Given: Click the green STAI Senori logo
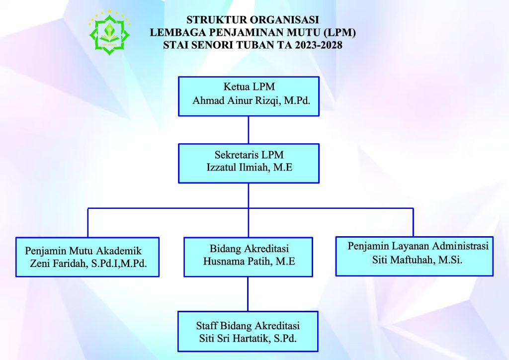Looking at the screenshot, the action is [109, 32].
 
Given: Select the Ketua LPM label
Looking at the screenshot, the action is [249, 87].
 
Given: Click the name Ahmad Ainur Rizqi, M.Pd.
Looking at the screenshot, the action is [251, 100].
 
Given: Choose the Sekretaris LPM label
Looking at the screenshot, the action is [249, 155].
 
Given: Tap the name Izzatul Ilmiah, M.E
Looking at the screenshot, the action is [250, 168].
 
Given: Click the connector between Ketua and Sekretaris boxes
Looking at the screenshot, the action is [249, 130].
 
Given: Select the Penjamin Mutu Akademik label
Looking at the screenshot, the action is [84, 251].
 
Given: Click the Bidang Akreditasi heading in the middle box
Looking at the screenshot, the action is [250, 249].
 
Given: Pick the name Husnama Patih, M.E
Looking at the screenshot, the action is [249, 262].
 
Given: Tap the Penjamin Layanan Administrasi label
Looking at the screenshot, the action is [418, 246].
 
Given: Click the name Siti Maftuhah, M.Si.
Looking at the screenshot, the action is [417, 260].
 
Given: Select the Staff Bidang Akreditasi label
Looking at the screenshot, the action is [248, 326].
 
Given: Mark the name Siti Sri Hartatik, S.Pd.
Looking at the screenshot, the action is [248, 339].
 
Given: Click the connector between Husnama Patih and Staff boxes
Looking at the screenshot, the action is [248, 294].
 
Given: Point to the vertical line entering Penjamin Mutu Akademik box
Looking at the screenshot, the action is [87, 223].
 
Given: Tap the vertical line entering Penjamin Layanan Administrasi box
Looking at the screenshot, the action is [413, 222].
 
